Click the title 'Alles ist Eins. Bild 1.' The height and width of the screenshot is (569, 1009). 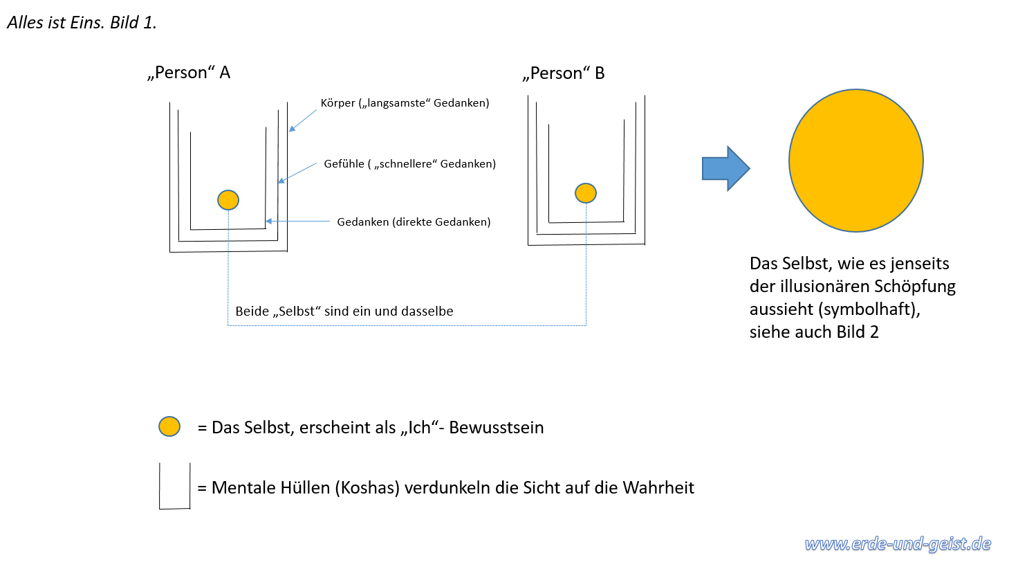[82, 23]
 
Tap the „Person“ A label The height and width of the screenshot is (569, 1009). [189, 73]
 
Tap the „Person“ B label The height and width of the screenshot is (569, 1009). [564, 73]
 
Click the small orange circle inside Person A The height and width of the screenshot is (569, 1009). [228, 200]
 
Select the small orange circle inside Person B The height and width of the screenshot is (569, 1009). [586, 193]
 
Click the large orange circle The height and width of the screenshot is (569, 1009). [856, 161]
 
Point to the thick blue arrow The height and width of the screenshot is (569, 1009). [725, 168]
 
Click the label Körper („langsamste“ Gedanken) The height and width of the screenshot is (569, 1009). [405, 103]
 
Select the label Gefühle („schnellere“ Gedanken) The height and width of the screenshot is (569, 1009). [409, 163]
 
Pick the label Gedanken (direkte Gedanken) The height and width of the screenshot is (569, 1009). [414, 222]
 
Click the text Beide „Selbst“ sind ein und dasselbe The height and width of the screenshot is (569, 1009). [344, 311]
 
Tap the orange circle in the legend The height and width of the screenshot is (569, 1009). [169, 426]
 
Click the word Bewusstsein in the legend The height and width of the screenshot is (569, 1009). [497, 427]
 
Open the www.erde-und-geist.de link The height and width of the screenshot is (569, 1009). [898, 544]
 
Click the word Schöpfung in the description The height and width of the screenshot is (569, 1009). [915, 287]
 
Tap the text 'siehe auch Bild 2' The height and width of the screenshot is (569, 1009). [814, 332]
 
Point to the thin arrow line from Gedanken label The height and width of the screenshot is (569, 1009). [298, 221]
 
